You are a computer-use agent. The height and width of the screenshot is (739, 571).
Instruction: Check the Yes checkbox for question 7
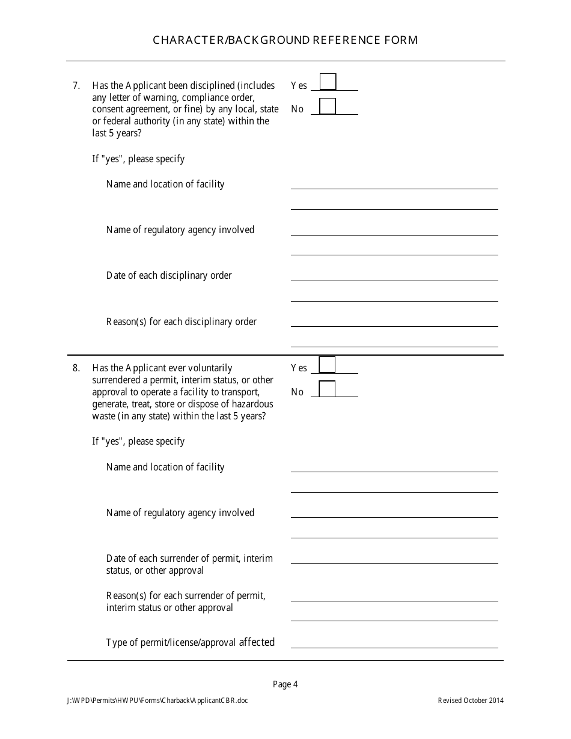pos(328,82)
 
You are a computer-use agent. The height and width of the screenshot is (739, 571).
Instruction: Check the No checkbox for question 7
pos(328,106)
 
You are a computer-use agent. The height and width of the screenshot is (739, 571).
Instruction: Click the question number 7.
pos(76,85)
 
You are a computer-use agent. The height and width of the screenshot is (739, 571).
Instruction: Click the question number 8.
pos(76,368)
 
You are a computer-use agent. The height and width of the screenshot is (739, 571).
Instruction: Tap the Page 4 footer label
pos(285,684)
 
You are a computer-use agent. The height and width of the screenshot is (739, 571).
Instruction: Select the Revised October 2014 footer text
pos(471,701)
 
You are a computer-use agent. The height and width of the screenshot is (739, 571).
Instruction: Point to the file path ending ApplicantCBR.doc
pos(157,701)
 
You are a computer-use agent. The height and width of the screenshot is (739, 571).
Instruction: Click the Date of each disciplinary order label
pos(169,275)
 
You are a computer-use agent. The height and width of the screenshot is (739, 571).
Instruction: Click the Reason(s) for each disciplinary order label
pos(181,321)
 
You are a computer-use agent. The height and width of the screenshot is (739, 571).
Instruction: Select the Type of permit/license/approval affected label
pos(190,642)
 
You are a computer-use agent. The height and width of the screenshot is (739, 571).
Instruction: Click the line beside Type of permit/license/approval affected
pos(394,646)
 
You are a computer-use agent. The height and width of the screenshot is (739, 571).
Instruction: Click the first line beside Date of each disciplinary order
pos(394,279)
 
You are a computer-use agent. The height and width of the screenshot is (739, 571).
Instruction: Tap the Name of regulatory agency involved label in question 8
pos(180,512)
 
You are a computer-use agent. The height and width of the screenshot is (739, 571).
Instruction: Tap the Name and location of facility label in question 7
pos(165,184)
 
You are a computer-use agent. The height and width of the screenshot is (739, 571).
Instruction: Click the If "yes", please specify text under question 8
pos(138,441)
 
